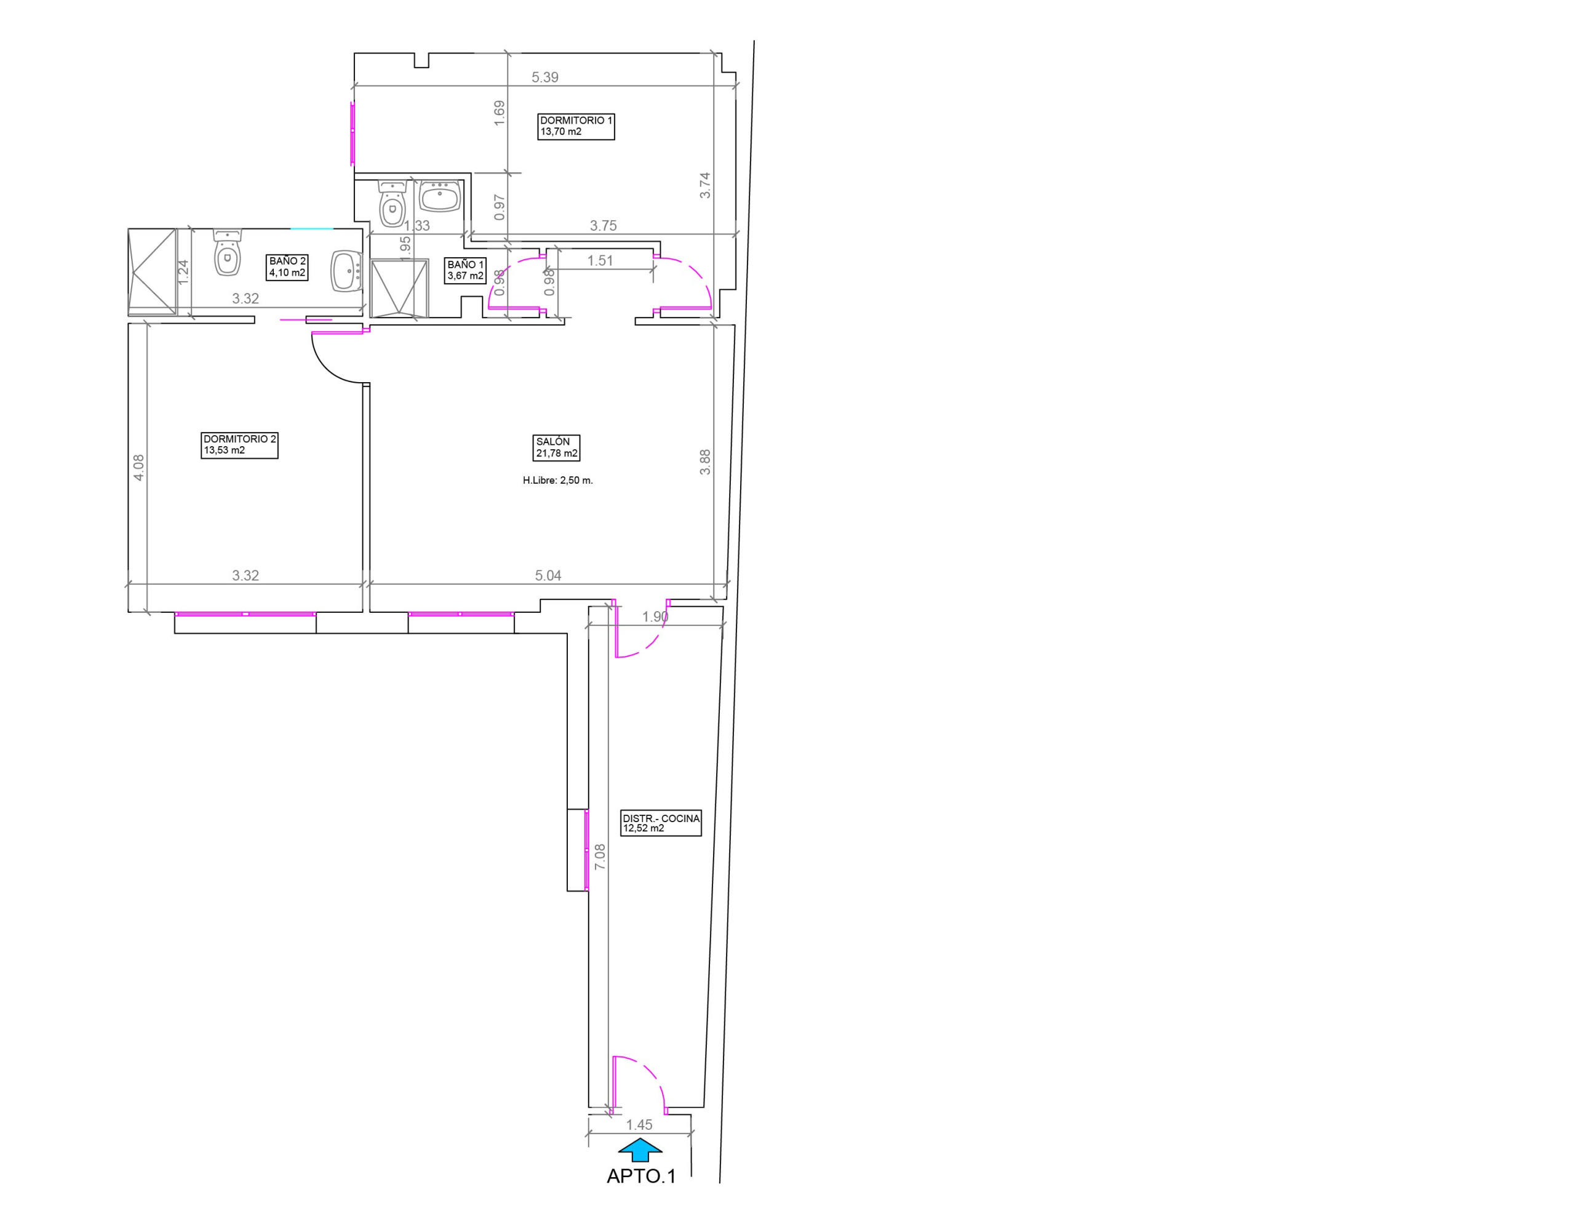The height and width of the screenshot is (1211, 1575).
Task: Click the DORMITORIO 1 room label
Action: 576,126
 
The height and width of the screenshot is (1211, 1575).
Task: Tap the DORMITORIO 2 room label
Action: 239,445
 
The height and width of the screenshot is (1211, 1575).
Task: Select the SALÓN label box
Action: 556,447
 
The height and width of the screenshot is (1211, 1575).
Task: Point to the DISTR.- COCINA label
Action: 661,823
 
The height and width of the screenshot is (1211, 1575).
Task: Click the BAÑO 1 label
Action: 466,270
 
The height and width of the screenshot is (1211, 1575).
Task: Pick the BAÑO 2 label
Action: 287,266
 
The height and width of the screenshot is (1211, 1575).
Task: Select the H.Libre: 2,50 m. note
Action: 557,481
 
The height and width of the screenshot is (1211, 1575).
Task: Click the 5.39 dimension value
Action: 544,77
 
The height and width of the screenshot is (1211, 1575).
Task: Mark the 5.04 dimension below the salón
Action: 548,575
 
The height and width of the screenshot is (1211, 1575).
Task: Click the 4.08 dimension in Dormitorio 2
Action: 138,467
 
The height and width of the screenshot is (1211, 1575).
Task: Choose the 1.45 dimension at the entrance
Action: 639,1124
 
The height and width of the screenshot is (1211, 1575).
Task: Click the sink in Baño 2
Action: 347,270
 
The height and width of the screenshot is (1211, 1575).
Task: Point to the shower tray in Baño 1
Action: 399,289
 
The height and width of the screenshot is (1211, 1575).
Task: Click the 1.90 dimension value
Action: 655,617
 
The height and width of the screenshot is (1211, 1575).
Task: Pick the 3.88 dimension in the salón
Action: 705,462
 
